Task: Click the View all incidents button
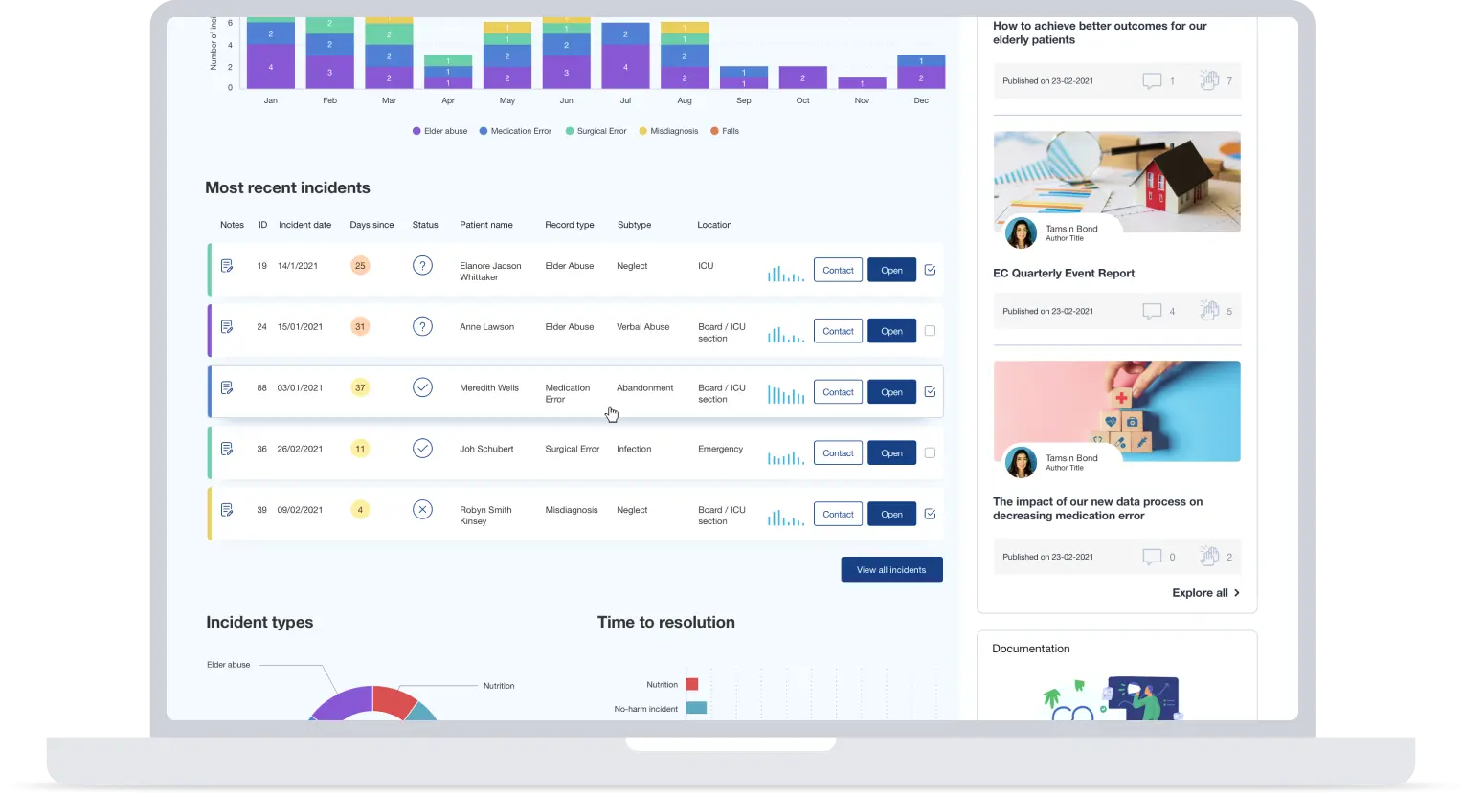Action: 891,569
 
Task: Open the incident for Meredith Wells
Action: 891,392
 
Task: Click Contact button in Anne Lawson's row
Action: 838,331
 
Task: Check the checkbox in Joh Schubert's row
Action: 930,453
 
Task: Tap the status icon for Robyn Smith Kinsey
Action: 422,510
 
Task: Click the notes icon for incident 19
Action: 227,266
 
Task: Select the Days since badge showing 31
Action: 360,326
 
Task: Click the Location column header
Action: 714,225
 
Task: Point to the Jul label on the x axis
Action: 625,100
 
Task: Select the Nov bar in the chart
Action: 862,83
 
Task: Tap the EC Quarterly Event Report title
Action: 1064,274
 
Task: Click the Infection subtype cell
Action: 634,449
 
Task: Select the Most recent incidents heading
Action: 287,188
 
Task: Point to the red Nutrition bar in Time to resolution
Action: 692,684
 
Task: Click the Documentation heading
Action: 1030,649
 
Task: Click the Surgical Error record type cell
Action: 572,449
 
